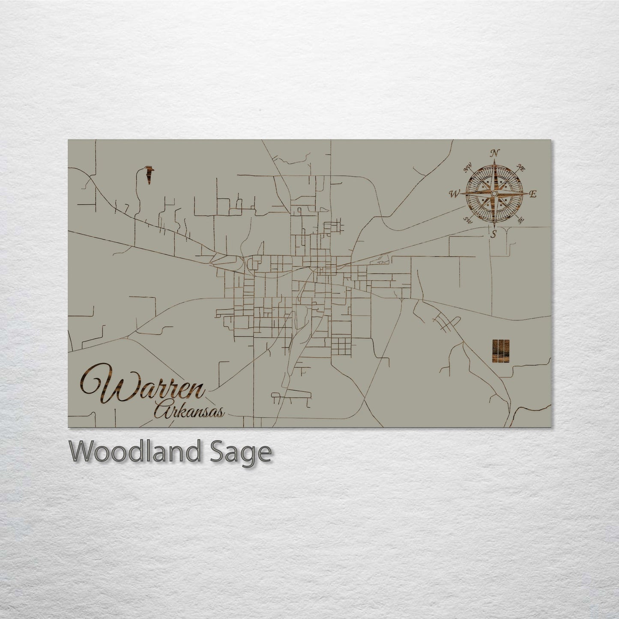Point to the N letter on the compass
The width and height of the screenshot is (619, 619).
click(x=495, y=153)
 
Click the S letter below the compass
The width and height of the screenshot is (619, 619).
click(x=493, y=234)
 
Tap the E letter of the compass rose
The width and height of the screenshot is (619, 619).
click(x=533, y=194)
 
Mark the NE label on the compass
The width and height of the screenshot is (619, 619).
click(x=521, y=167)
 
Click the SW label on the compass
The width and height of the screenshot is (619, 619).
click(x=468, y=221)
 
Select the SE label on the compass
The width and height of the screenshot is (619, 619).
click(x=520, y=221)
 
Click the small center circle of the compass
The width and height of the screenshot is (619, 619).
click(x=494, y=194)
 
